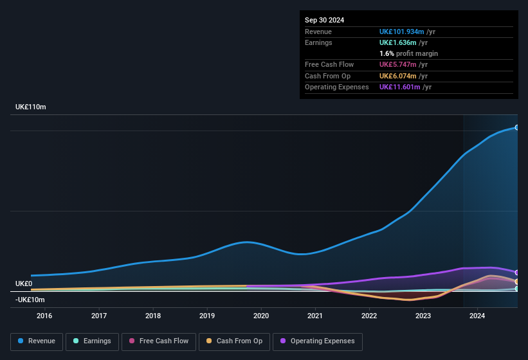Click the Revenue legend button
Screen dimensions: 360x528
pyautogui.click(x=37, y=341)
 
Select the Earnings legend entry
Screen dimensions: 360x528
pyautogui.click(x=91, y=341)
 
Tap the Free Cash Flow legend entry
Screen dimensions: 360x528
pyautogui.click(x=159, y=341)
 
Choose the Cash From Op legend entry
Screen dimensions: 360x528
pyautogui.click(x=234, y=341)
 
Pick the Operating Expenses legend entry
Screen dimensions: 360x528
pyautogui.click(x=317, y=341)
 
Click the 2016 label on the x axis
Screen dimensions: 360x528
pyautogui.click(x=44, y=316)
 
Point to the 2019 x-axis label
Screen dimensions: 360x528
pyautogui.click(x=207, y=316)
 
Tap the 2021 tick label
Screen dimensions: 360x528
pyautogui.click(x=315, y=316)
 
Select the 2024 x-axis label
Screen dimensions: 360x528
pyautogui.click(x=477, y=316)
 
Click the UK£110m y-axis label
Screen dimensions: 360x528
pyautogui.click(x=31, y=107)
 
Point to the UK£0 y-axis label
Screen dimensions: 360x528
pyautogui.click(x=24, y=283)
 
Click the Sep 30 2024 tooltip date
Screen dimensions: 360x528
pyautogui.click(x=324, y=20)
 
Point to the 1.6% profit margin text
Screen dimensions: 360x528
pyautogui.click(x=408, y=54)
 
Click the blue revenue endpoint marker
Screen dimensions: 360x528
pyautogui.click(x=517, y=127)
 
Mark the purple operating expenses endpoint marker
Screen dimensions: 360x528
pyautogui.click(x=517, y=273)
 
